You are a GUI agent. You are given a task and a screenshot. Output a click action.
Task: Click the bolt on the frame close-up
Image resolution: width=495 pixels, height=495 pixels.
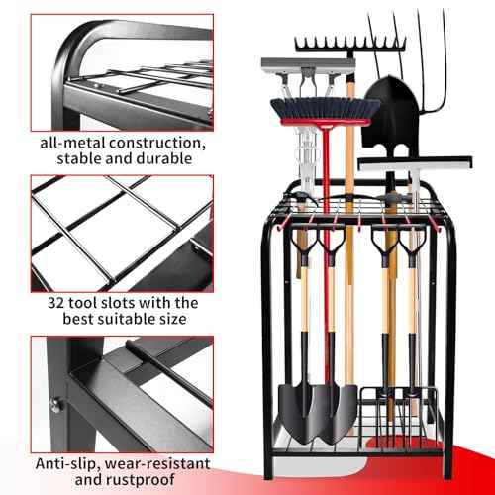pos(57,404)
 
